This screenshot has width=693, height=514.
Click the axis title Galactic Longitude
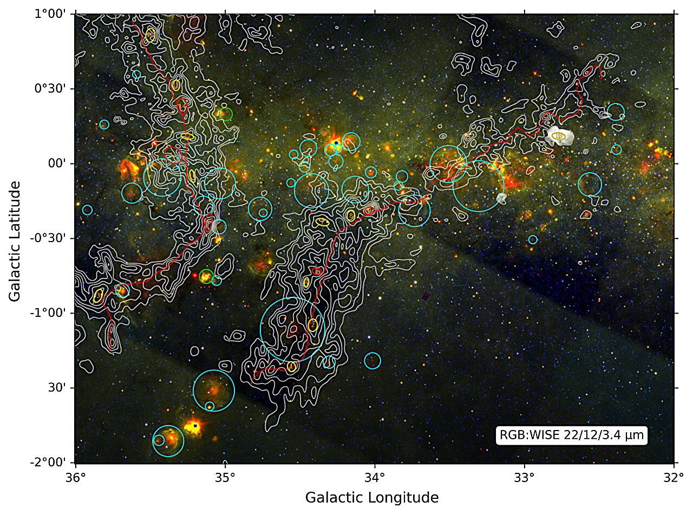click(x=372, y=497)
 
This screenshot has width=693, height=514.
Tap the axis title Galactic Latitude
click(x=15, y=241)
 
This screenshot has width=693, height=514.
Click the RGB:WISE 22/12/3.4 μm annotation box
click(x=572, y=435)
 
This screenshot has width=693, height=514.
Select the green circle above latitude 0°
click(x=226, y=114)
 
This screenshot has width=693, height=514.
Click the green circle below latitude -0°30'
click(x=206, y=277)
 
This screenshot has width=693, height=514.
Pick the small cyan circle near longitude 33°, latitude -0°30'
click(x=533, y=239)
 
